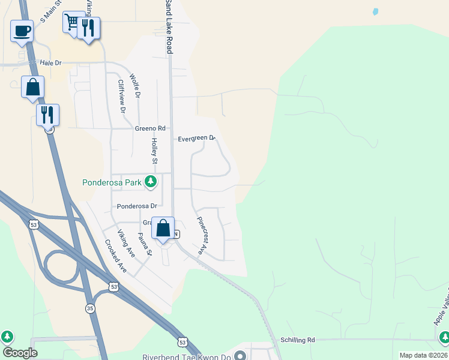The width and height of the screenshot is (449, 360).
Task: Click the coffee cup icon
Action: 22,31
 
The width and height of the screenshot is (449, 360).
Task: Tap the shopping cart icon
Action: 72,23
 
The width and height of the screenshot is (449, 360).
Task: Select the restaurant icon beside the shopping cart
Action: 89,27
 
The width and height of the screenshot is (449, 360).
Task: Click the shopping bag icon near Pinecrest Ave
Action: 163,229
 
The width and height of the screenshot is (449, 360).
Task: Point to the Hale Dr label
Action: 50,62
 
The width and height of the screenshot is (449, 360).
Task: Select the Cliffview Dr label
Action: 122,97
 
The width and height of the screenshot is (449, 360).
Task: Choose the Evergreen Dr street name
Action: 196,139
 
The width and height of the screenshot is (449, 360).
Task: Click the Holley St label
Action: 154,151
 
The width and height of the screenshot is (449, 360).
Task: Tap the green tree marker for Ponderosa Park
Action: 152,181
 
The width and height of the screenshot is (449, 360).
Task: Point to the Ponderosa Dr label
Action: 136,206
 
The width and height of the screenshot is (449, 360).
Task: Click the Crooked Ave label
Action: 115,256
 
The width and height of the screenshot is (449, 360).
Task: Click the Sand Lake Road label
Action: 169,27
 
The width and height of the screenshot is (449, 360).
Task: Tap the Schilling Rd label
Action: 297,340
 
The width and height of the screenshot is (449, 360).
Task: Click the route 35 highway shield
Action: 90,308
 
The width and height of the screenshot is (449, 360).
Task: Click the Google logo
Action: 20,353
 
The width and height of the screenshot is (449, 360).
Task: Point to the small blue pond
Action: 375,11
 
